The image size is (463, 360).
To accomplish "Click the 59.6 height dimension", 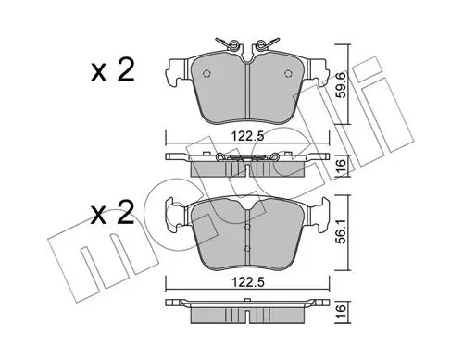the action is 342,85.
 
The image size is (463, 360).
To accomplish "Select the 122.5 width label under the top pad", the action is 248,136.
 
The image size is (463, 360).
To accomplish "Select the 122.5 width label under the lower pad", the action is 248,282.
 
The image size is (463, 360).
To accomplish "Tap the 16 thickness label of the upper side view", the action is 341,167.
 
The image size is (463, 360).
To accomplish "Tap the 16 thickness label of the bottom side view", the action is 341,311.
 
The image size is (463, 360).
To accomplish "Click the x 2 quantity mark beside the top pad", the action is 113,71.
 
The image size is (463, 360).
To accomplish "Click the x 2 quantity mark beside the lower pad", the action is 113,213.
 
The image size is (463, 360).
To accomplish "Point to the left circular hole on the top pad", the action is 206,73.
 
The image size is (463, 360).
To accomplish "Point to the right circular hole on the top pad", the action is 288,73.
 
